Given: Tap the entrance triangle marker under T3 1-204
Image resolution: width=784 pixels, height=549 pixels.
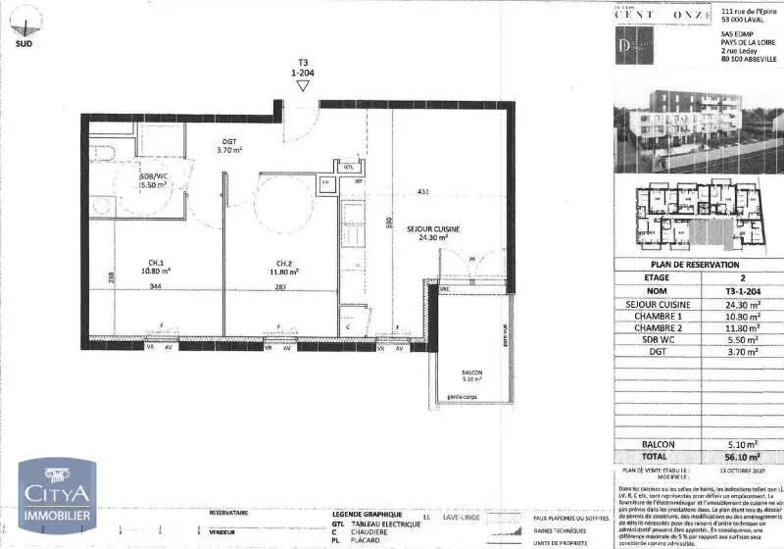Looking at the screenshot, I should click(x=303, y=86).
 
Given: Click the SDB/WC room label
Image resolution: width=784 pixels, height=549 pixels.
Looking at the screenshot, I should click(x=154, y=179).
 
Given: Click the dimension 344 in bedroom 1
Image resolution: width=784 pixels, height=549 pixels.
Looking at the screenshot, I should click(x=155, y=286).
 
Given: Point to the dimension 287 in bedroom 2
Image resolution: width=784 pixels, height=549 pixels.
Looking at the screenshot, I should click(x=280, y=286).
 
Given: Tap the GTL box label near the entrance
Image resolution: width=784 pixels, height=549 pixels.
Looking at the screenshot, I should click(x=348, y=167).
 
